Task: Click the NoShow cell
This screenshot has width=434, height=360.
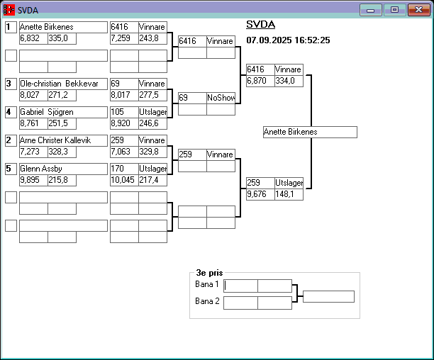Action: (x=221, y=98)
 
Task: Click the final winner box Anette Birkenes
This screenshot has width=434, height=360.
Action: (x=309, y=132)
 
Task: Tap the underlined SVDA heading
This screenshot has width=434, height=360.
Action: (x=260, y=24)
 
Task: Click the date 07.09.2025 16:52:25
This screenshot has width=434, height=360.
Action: (x=288, y=40)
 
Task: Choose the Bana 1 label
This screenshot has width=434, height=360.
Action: (x=207, y=284)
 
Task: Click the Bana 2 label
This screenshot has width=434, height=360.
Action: (x=207, y=301)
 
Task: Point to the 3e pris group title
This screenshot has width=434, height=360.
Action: (x=209, y=272)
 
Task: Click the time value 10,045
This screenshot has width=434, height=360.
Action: (x=124, y=180)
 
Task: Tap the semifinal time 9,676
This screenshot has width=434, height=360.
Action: (x=260, y=194)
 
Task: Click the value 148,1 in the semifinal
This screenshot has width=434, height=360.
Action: (x=289, y=194)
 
